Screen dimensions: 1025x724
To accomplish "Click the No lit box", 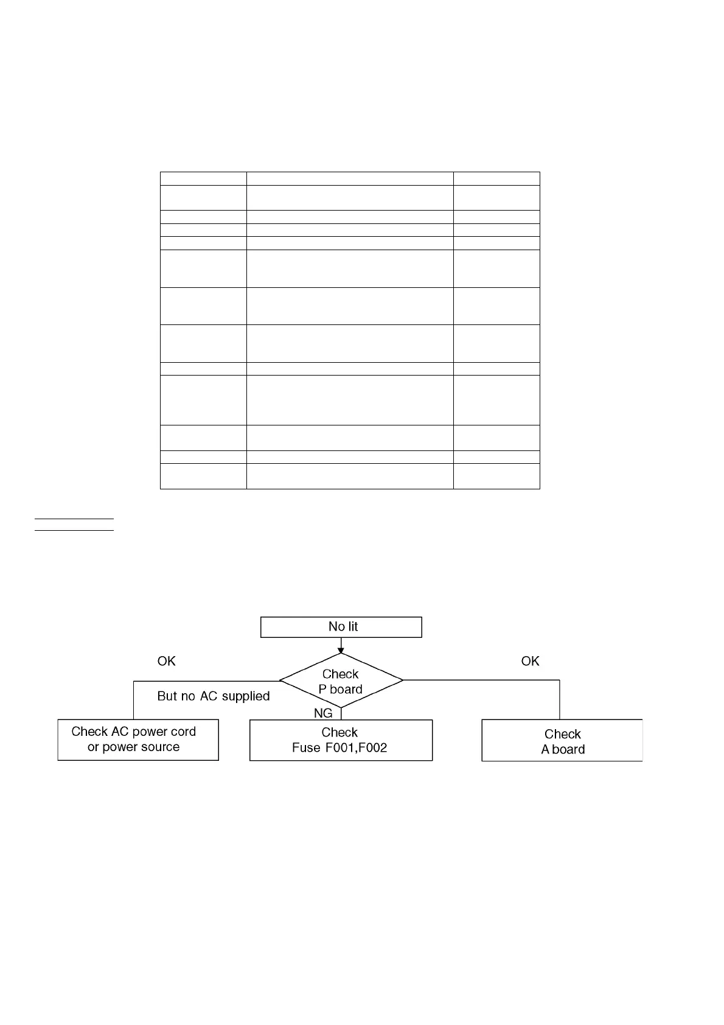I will [x=341, y=627].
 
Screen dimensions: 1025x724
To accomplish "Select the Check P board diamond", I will [x=341, y=681].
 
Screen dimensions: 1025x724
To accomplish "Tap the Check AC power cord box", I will [x=138, y=740].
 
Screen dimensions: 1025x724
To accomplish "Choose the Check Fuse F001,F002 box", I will [x=341, y=740].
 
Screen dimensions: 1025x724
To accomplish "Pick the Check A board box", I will [x=562, y=741].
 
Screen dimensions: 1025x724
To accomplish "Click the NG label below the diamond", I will [x=323, y=713].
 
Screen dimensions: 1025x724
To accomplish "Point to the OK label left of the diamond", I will [x=166, y=661].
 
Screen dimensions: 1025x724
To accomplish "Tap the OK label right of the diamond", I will [x=530, y=661].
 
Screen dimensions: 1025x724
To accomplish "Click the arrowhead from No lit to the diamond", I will [x=341, y=650].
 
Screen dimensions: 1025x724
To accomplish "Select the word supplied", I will [x=246, y=696].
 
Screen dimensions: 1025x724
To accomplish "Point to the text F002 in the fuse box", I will [x=374, y=747].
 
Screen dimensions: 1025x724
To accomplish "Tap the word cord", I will [x=182, y=732].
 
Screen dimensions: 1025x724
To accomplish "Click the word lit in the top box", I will [x=352, y=626].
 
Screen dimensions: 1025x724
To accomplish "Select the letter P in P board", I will [x=323, y=689].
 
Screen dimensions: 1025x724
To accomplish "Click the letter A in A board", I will [x=545, y=749].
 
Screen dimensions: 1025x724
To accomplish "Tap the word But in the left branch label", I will [x=167, y=696].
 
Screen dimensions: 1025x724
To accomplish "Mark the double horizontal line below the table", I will [x=74, y=524].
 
